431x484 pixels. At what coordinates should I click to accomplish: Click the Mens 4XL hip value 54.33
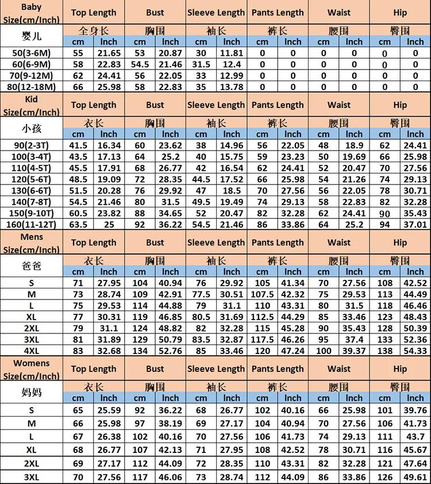point(415,351)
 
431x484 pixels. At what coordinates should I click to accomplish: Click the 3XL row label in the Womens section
point(31,477)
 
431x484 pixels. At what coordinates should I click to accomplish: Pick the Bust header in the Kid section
point(155,105)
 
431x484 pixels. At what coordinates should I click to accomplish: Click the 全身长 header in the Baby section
point(94,30)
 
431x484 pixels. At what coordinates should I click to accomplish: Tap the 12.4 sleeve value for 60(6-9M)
point(232,64)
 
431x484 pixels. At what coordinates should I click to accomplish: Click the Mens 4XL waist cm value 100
point(324,351)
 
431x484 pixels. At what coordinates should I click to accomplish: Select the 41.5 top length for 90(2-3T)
point(78,145)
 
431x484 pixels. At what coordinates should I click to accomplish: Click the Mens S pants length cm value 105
point(263,283)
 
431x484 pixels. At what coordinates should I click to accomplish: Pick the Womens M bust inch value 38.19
point(170,423)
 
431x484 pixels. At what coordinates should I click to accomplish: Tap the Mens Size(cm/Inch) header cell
point(31,243)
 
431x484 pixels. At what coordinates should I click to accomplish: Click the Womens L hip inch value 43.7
point(415,436)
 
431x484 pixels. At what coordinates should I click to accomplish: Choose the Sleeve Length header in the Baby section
point(216,13)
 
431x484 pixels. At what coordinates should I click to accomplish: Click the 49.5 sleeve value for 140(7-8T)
point(201,202)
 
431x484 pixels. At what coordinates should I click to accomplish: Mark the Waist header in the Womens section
point(339,369)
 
